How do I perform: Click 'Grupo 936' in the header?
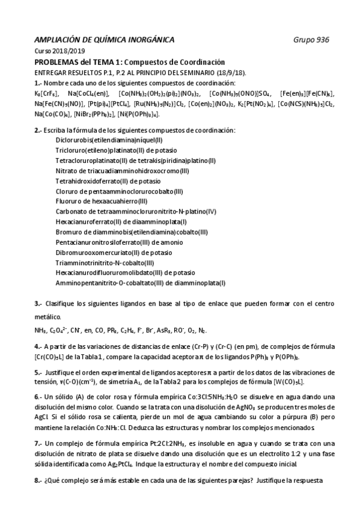click(311, 40)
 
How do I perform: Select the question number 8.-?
click(38, 481)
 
